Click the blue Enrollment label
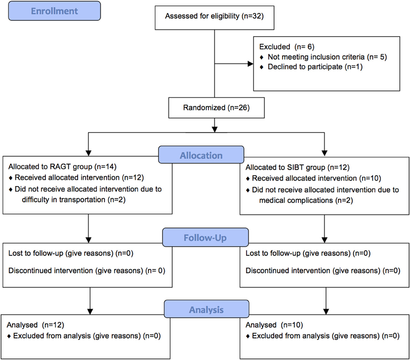click(54, 11)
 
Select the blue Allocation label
click(201, 155)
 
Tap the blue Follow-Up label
click(205, 238)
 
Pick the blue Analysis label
click(207, 309)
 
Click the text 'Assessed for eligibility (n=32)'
click(214, 16)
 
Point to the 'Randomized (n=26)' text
click(216, 108)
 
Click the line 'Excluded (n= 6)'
click(287, 47)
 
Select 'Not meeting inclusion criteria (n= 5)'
click(327, 57)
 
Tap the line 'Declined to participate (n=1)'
click(315, 67)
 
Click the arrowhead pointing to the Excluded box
click(251, 64)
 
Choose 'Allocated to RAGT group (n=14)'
click(62, 167)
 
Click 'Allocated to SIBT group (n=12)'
click(298, 167)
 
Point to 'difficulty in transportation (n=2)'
click(74, 200)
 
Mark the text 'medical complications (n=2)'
click(306, 200)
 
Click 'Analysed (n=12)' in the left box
click(35, 325)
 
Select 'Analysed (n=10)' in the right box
click(274, 325)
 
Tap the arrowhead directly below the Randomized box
click(215, 129)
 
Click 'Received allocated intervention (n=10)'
click(317, 178)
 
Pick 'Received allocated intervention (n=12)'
click(79, 178)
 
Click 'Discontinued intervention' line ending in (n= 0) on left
click(87, 270)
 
